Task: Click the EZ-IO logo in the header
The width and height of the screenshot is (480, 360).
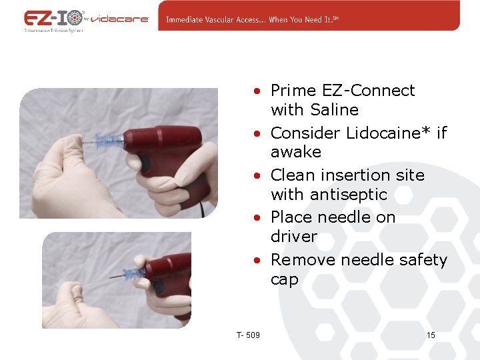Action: point(53,18)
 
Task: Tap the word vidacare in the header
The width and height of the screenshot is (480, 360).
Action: point(119,19)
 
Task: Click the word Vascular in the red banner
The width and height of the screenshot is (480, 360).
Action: point(223,19)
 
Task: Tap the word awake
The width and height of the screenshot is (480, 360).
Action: point(295,152)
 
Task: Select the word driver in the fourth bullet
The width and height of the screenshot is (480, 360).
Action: point(293,237)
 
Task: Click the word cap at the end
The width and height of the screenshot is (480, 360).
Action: point(285,280)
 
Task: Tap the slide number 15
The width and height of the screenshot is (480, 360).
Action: point(431,335)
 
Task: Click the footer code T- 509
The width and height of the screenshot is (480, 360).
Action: point(248,335)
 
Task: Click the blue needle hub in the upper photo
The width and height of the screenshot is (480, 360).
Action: point(110,141)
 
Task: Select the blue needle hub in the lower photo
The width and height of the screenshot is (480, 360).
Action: point(135,273)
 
